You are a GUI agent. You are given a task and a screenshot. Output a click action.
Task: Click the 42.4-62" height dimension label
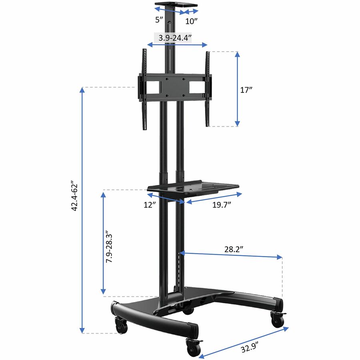[75, 197]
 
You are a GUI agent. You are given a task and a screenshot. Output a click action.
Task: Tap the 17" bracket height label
[246, 90]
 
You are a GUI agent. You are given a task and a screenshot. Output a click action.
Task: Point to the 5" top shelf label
[159, 20]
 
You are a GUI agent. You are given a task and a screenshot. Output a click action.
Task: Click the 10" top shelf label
[191, 21]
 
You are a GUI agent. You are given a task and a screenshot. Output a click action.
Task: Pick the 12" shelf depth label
[150, 204]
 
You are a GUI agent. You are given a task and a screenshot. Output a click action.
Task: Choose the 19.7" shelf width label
[221, 204]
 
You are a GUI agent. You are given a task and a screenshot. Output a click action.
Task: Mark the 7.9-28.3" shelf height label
[109, 248]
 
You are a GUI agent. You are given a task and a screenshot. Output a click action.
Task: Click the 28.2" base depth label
[234, 249]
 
